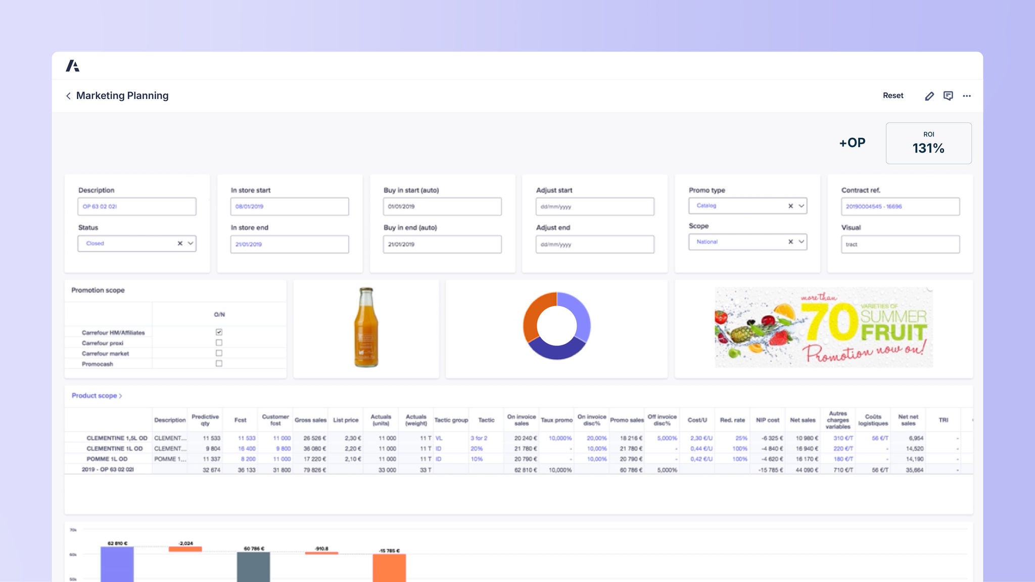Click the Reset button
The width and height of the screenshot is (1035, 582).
tap(892, 95)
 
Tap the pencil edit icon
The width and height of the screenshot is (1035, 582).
tap(929, 96)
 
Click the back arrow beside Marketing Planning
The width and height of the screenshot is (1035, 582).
tap(68, 96)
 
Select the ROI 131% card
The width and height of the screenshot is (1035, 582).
tap(928, 143)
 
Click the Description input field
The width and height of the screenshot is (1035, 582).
tap(136, 207)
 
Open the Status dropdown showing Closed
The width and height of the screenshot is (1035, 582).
tap(191, 244)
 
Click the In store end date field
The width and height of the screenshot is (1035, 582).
tap(289, 245)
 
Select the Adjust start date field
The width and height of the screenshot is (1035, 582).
tap(594, 207)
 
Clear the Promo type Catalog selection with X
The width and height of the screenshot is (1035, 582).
tap(790, 206)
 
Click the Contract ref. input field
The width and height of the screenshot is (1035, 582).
tap(900, 207)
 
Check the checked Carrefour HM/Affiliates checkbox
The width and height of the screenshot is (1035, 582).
tap(219, 332)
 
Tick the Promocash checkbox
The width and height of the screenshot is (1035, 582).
tap(219, 363)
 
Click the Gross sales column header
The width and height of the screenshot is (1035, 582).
tap(310, 420)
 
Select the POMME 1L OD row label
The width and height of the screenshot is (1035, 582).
tap(107, 459)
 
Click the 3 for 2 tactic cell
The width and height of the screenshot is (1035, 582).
tap(479, 438)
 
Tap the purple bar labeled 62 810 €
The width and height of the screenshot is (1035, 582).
tap(117, 563)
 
